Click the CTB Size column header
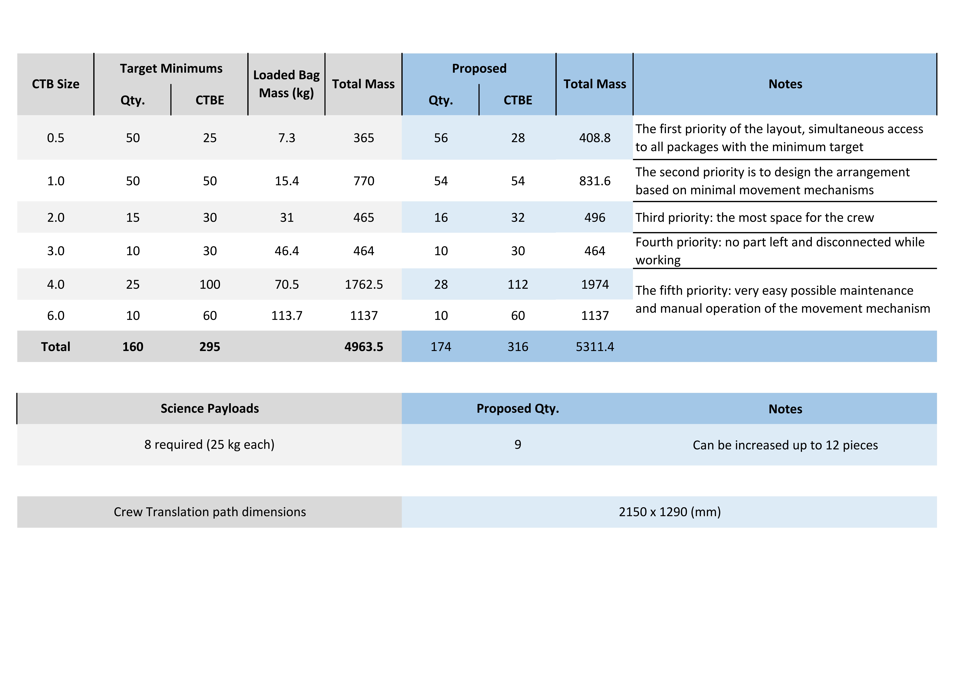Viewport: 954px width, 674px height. (x=56, y=84)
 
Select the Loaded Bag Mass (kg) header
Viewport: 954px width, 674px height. (x=286, y=84)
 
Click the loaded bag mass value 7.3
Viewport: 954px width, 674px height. (x=287, y=138)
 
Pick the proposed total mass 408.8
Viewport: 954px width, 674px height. (x=595, y=138)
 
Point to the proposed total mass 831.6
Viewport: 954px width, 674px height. (x=595, y=181)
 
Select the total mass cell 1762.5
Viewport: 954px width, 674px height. (x=364, y=285)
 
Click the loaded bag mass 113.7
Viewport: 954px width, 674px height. (x=287, y=316)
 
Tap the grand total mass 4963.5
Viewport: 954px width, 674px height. (x=364, y=347)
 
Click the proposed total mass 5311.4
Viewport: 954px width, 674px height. (x=595, y=347)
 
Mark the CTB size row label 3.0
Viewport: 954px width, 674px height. (x=56, y=251)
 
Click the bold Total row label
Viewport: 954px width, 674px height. (x=56, y=347)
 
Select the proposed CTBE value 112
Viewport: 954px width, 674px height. (x=518, y=285)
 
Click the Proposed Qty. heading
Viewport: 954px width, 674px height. (x=518, y=409)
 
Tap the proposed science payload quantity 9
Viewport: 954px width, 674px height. (x=518, y=445)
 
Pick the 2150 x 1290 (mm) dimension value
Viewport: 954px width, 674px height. (x=669, y=512)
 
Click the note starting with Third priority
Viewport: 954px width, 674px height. (x=754, y=218)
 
